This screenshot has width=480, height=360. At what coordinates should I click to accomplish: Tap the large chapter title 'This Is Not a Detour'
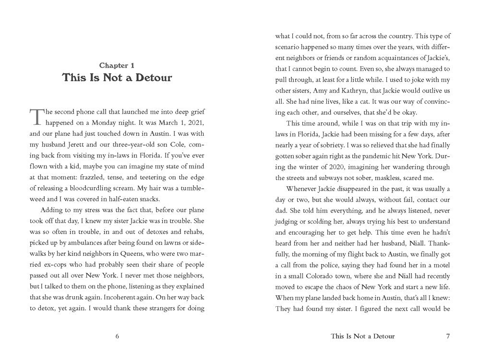[117, 78]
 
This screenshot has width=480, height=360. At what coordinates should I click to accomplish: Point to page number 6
[117, 336]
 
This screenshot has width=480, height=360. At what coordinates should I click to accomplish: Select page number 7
[447, 336]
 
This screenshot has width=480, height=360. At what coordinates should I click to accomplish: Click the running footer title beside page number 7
[362, 336]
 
